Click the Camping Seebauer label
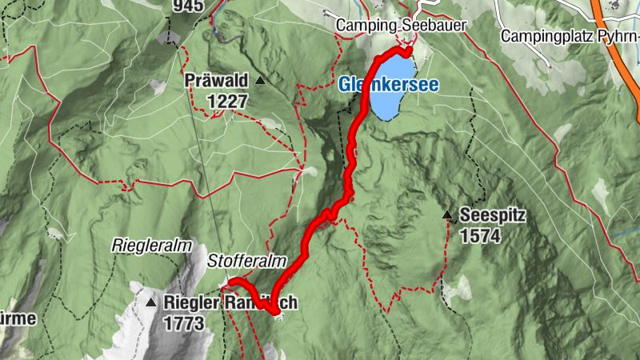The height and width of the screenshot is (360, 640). [400, 25]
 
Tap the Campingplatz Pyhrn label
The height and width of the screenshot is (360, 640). [569, 36]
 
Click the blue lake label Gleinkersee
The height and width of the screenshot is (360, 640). [388, 84]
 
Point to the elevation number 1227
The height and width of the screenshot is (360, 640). [227, 101]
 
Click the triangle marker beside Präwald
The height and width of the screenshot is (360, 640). [260, 81]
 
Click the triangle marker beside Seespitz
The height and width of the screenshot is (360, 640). [447, 214]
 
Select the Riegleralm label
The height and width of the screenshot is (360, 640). [144, 242]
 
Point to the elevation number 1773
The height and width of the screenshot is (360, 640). [184, 323]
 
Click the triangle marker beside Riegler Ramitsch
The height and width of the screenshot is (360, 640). [151, 302]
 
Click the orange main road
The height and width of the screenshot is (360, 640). [616, 48]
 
